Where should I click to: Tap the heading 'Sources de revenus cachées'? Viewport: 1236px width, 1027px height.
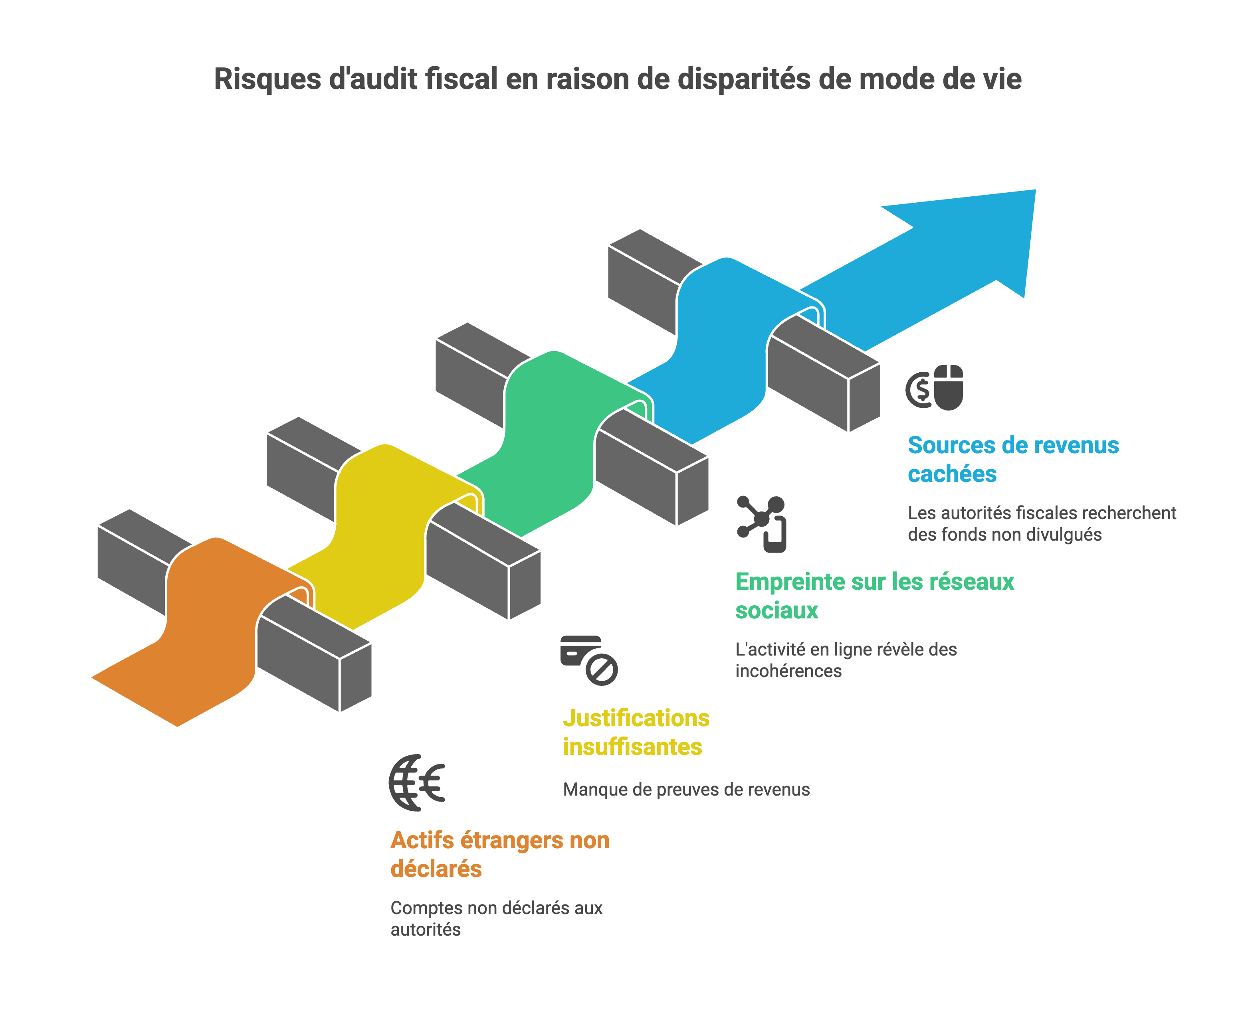1012,459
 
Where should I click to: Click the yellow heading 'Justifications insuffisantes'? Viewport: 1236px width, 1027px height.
636,732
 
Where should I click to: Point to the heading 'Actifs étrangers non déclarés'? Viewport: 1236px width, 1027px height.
500,854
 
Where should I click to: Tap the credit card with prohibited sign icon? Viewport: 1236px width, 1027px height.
588,660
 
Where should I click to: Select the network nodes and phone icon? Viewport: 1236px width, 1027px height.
762,523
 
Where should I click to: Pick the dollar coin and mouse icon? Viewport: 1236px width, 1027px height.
935,388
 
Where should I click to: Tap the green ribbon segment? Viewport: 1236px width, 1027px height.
547,435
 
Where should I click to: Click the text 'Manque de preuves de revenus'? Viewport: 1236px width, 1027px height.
686,789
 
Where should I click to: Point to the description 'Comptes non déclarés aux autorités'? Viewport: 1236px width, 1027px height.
496,918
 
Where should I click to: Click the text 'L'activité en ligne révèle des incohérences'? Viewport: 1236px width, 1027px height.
846,660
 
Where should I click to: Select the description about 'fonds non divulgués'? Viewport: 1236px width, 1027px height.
1042,523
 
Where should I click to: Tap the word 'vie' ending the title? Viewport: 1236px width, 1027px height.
1005,79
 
